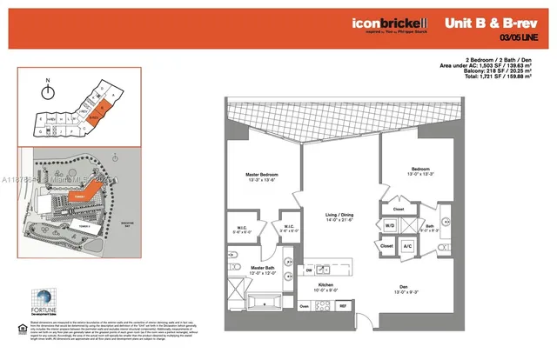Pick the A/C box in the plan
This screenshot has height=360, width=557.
[x=407, y=246]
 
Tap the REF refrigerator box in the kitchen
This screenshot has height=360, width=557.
[x=343, y=306]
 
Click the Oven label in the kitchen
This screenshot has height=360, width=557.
[x=304, y=306]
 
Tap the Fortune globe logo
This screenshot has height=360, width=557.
[x=43, y=298]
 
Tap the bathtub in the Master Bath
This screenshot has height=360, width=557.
[x=265, y=303]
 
